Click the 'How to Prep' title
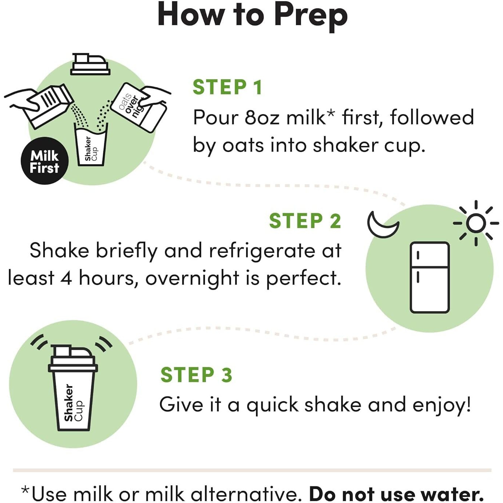coord(252,16)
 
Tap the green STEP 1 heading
coord(227,87)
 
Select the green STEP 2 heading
coord(305,221)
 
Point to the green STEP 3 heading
coord(196,375)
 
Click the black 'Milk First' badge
coord(45,161)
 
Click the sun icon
coord(476,223)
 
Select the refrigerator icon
coord(430,277)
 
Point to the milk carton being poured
coord(51,106)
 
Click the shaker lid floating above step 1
coord(90,64)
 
